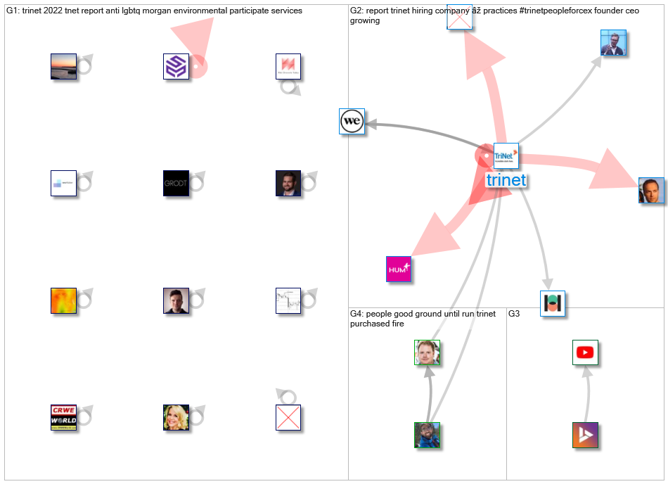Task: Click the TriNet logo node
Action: tap(506, 155)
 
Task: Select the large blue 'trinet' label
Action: tap(506, 180)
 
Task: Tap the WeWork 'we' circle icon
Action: tap(352, 122)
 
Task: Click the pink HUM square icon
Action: tap(398, 269)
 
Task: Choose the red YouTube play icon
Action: tap(585, 352)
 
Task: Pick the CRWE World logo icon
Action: tap(63, 417)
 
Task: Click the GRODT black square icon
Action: tap(176, 183)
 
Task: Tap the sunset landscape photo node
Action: tap(63, 66)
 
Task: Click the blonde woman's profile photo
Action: tap(176, 417)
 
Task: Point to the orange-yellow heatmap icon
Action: tap(63, 300)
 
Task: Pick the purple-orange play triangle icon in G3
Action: tap(585, 435)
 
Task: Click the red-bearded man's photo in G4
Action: tap(427, 352)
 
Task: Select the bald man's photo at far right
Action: tap(651, 191)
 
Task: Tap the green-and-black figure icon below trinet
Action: tap(553, 303)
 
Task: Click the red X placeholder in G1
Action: tap(288, 417)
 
